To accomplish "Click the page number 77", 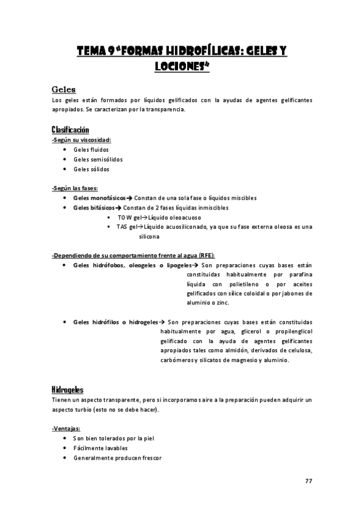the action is pos(308,481).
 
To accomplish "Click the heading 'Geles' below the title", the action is pos(64,89).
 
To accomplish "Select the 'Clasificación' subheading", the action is pos(70,130).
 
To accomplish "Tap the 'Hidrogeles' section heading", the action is pos(67,389).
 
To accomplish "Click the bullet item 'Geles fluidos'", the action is pos(91,149).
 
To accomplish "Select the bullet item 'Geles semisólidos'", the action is pos(97,159).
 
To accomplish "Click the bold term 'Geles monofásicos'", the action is pos(99,198).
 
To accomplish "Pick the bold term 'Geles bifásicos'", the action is pos(94,208).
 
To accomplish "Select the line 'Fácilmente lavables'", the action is pos(100,448).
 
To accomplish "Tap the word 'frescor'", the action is pos(151,457).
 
